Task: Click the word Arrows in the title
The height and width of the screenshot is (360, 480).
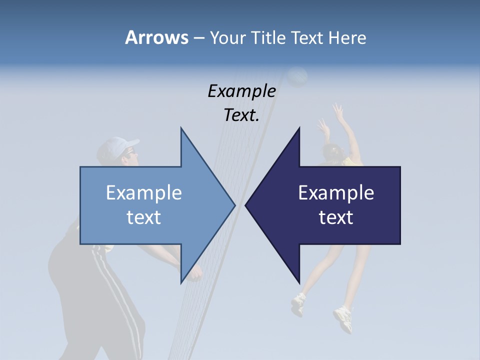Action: [156, 37]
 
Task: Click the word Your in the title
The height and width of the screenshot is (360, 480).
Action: [226, 38]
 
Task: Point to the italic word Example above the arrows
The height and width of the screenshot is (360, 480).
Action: [241, 91]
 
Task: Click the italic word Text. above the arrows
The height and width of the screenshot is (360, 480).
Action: [241, 115]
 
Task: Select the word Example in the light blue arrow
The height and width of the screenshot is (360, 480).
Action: [144, 192]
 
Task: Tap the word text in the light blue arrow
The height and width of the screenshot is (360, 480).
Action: [144, 217]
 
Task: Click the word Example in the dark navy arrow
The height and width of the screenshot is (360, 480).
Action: [336, 192]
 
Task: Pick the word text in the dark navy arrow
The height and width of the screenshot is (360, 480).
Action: [336, 217]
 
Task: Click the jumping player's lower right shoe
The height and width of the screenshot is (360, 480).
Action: [343, 318]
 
